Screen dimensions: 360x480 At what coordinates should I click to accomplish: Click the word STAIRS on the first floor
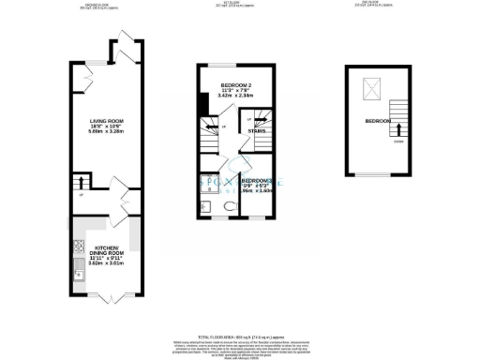[x=256, y=132]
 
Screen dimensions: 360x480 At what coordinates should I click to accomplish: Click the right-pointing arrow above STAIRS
[x=253, y=119]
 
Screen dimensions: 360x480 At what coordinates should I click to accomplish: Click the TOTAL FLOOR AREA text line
[x=239, y=336]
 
